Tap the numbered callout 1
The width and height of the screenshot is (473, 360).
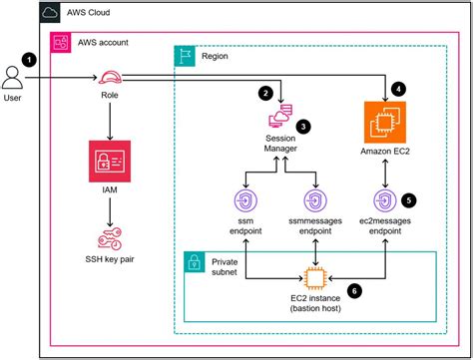30,59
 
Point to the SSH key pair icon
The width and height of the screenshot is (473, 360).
109,239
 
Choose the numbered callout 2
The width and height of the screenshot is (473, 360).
265,93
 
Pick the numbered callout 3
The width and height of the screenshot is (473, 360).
302,127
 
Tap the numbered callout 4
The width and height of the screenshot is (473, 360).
399,88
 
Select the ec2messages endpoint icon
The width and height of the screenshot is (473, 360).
384,196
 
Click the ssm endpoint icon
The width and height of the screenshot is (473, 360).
244,196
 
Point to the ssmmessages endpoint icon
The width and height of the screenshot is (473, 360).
315,196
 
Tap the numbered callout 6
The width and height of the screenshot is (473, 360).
353,290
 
